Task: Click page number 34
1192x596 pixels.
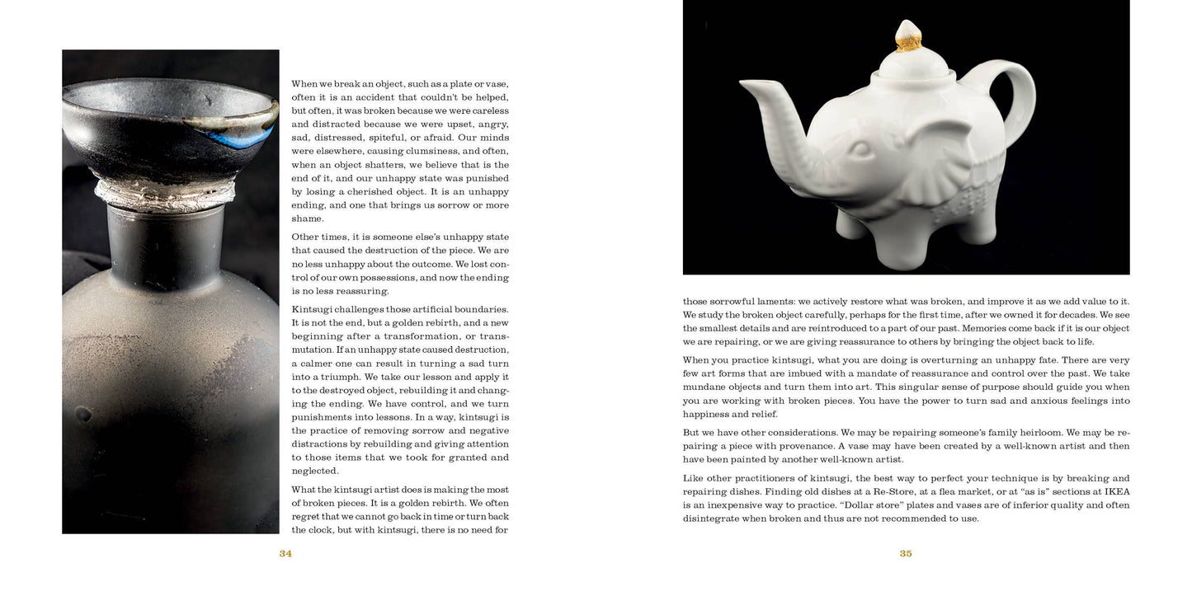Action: point(285,554)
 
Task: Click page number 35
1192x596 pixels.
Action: point(906,554)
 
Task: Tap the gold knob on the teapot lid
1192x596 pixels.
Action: point(908,37)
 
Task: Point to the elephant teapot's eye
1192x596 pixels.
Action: point(860,149)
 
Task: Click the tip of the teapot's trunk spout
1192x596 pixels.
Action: point(745,84)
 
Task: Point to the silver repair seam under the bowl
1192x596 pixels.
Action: point(165,194)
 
